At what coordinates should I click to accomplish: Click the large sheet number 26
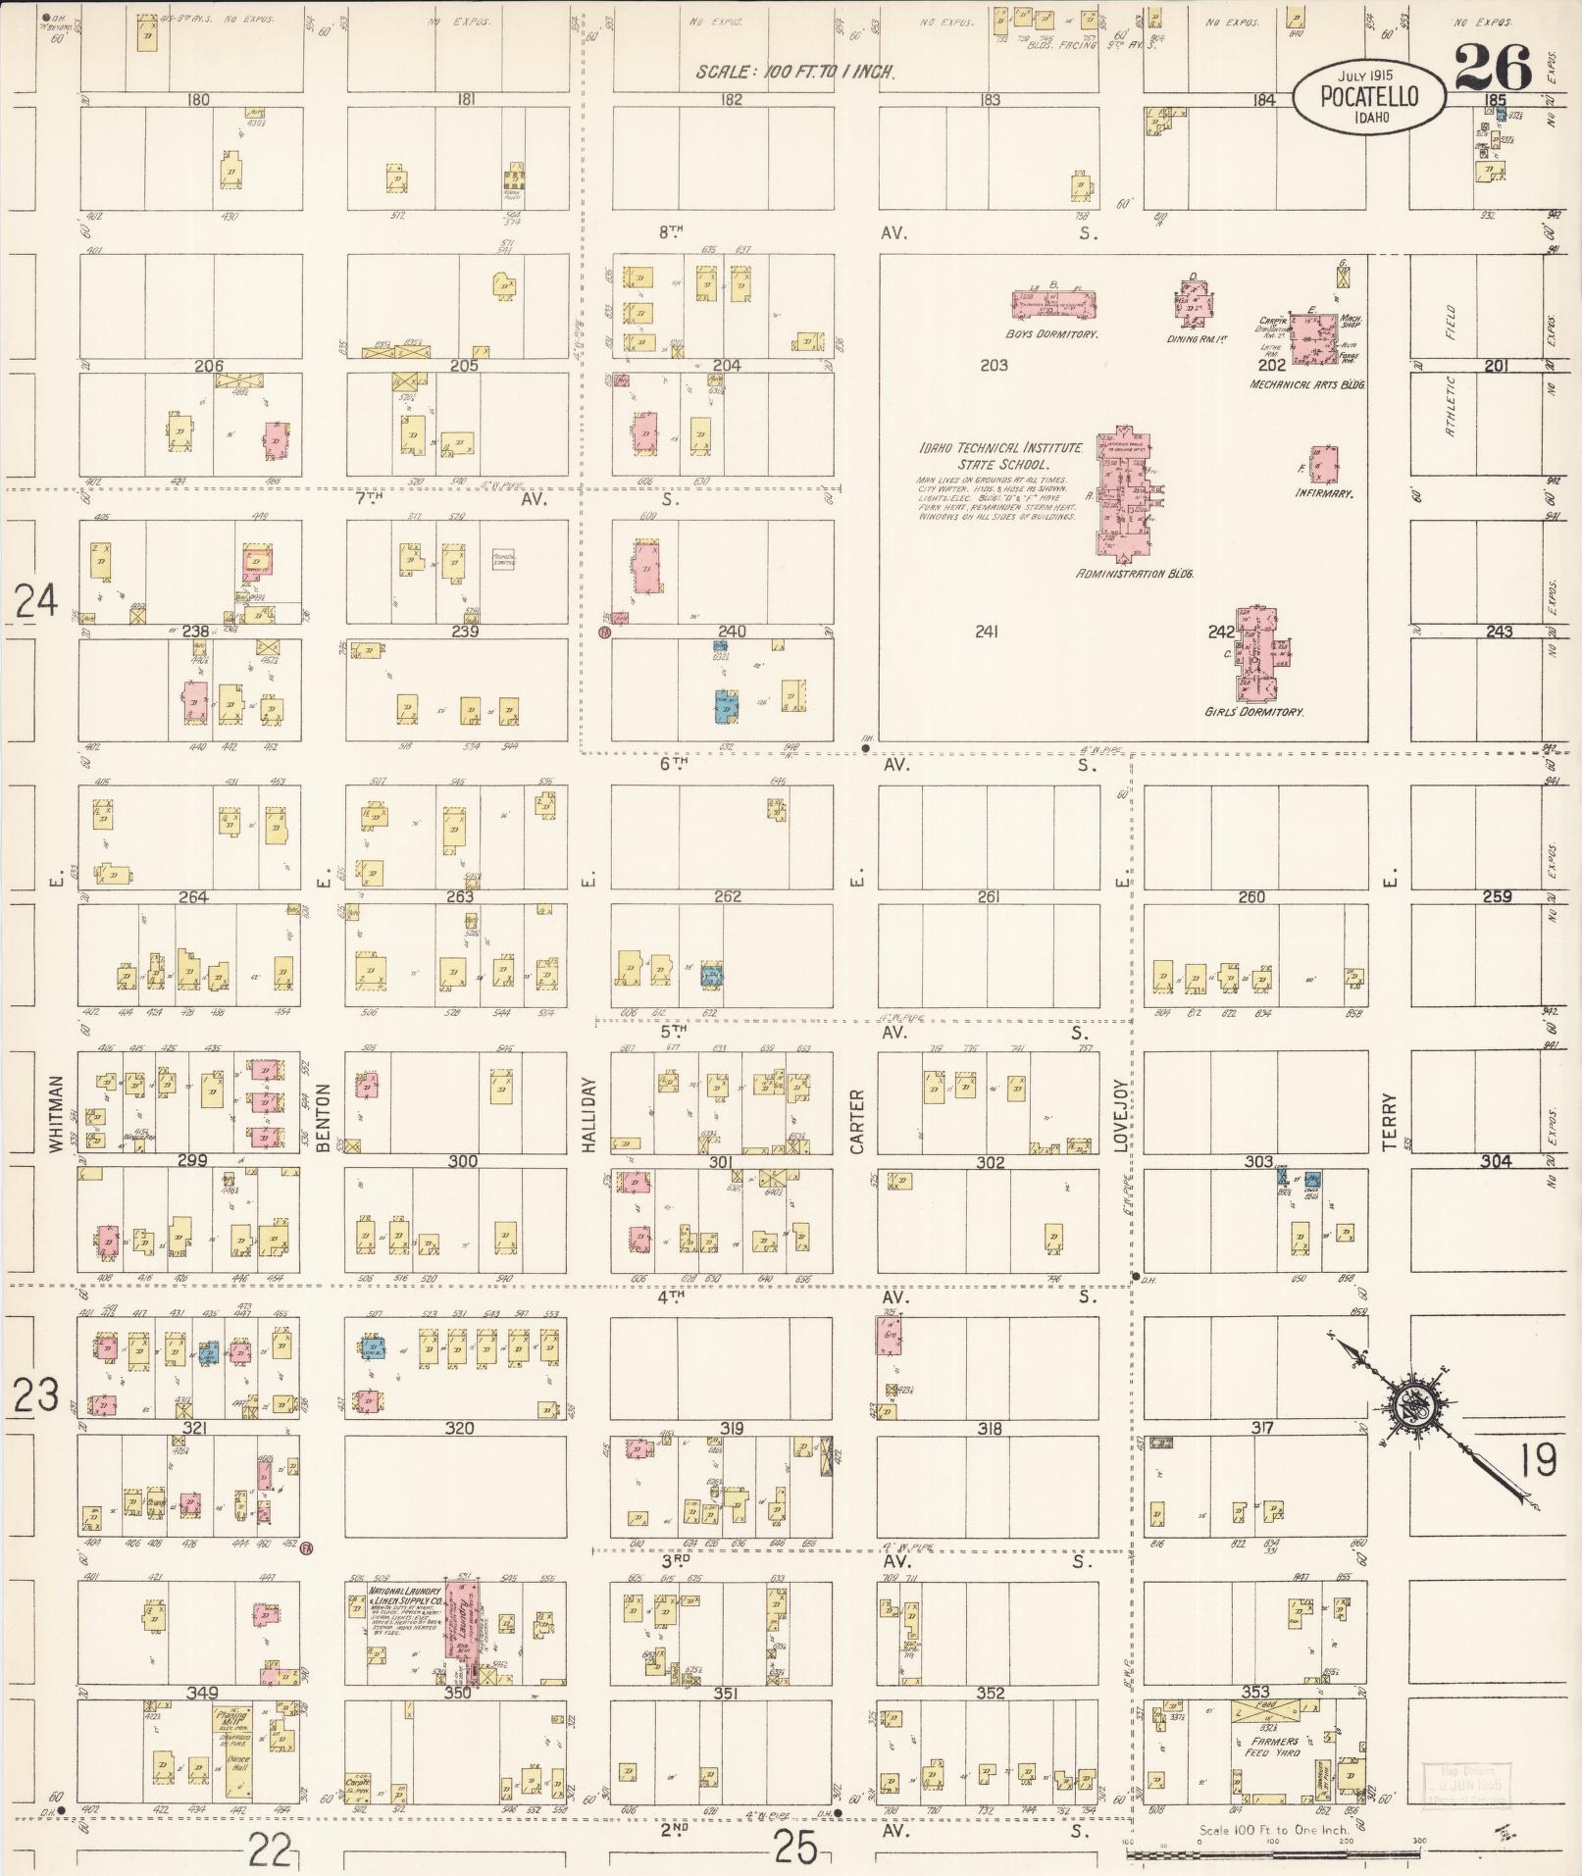[x=1493, y=69]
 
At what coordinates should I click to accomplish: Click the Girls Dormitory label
[x=1253, y=712]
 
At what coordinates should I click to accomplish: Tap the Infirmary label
[x=1324, y=493]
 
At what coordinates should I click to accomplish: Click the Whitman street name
[x=55, y=1113]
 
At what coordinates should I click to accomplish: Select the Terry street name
[x=1390, y=1113]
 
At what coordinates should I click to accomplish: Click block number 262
[x=728, y=896]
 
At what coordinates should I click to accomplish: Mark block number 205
[x=463, y=366]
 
